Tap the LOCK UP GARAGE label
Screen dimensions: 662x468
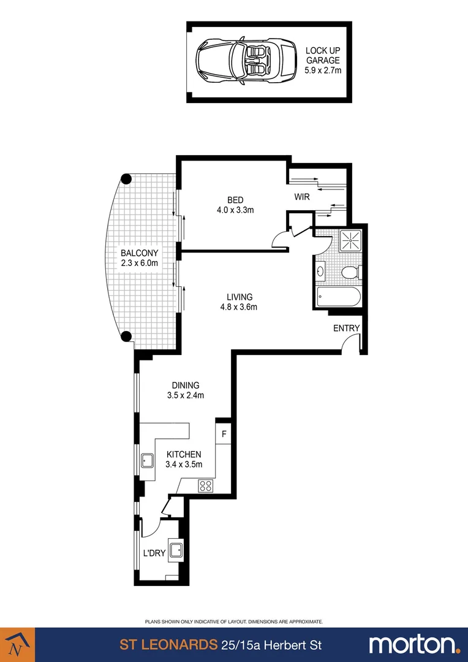pyautogui.click(x=323, y=61)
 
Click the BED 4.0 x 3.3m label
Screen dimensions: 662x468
pyautogui.click(x=235, y=205)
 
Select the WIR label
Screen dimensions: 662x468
pyautogui.click(x=302, y=197)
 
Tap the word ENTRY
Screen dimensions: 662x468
pyautogui.click(x=346, y=329)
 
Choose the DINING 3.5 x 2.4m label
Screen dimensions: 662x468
pyautogui.click(x=185, y=390)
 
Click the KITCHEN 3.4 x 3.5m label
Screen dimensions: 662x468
pyautogui.click(x=183, y=459)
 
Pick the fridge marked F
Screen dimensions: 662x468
pyautogui.click(x=224, y=434)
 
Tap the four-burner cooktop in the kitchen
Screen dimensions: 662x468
pyautogui.click(x=206, y=486)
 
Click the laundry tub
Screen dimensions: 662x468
pyautogui.click(x=177, y=550)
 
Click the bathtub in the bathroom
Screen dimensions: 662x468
pyautogui.click(x=339, y=298)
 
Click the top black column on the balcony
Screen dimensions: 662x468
pyautogui.click(x=126, y=179)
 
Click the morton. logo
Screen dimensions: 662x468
pyautogui.click(x=414, y=645)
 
